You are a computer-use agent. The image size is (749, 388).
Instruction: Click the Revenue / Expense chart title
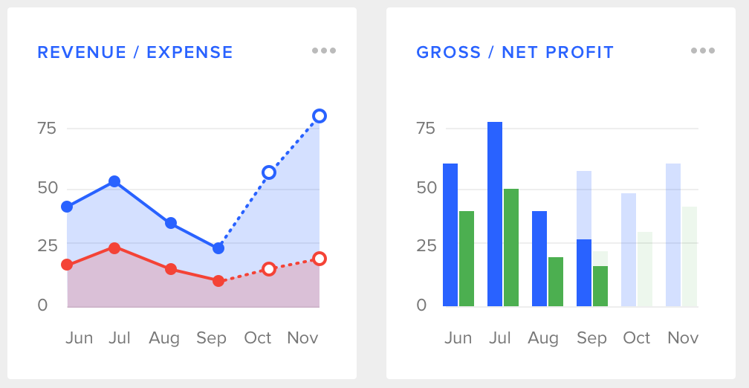coord(135,52)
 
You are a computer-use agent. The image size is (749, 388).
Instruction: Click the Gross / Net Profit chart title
coord(515,52)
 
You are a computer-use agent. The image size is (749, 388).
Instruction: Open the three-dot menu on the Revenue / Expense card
coord(324,51)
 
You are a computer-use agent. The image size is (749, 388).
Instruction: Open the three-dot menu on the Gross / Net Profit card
coord(703,51)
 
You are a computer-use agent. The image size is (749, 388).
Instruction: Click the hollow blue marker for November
coord(320,116)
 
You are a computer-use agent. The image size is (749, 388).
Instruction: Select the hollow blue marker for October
coord(269,172)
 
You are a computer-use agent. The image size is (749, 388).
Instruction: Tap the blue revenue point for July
coord(114,181)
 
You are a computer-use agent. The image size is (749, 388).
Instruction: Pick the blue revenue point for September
coord(218,248)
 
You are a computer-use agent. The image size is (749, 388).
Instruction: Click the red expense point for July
coord(114,248)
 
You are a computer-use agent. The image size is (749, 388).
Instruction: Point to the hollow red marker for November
coord(320,259)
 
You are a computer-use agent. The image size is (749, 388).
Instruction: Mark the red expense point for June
coord(67,265)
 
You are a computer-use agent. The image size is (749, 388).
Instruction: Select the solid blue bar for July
coord(495,214)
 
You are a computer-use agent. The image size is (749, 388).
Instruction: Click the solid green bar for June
coord(467,259)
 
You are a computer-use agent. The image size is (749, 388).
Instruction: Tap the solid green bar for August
coord(556,282)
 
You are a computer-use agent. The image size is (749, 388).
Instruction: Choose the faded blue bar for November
coord(673,235)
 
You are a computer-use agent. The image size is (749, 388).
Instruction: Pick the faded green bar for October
coord(645,269)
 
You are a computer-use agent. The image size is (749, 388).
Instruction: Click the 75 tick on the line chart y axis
coord(47,128)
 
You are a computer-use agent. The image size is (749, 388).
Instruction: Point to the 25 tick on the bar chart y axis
coord(426,245)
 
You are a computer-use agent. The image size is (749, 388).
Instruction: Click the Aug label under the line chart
coord(164,338)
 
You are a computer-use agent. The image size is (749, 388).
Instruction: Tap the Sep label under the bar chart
coord(591,338)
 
